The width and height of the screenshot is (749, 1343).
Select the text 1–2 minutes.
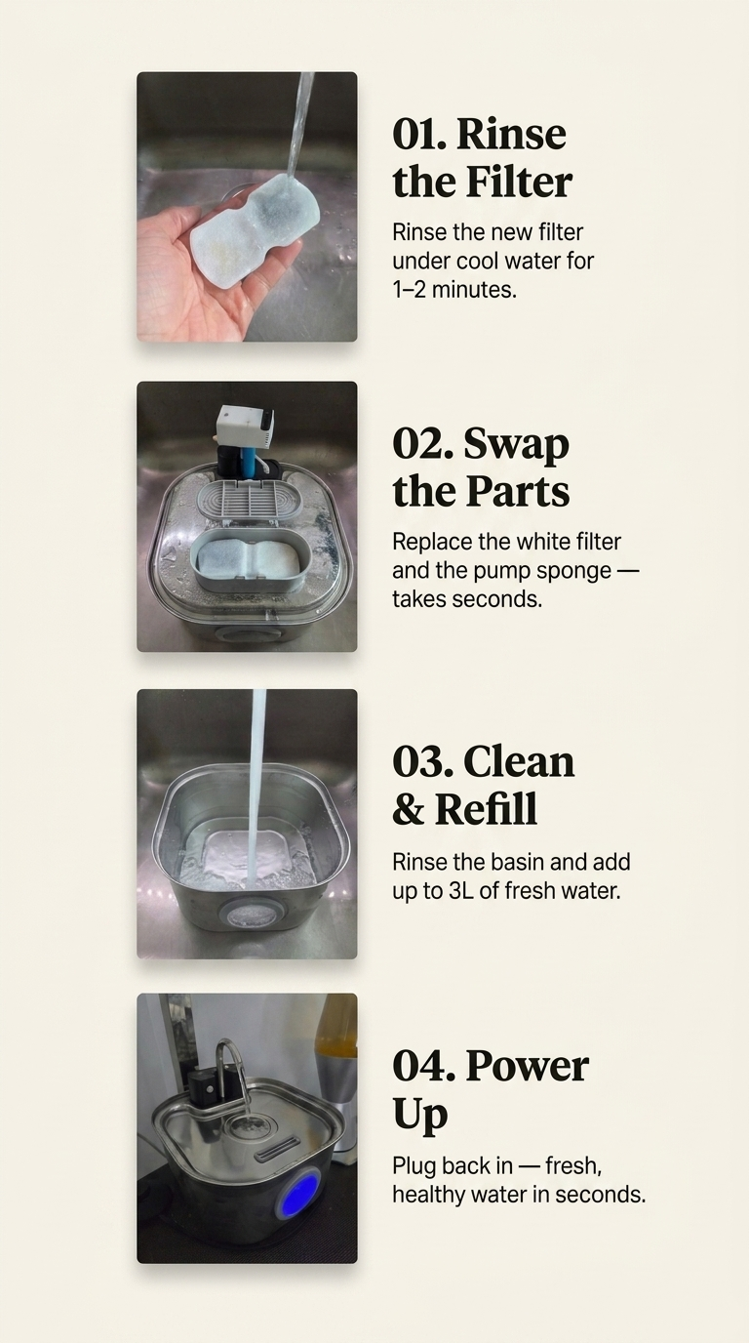[x=454, y=290]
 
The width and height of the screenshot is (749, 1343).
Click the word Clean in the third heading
[x=519, y=761]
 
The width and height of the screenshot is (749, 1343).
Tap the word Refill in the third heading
[x=486, y=809]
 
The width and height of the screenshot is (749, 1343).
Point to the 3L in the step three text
[x=460, y=891]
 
